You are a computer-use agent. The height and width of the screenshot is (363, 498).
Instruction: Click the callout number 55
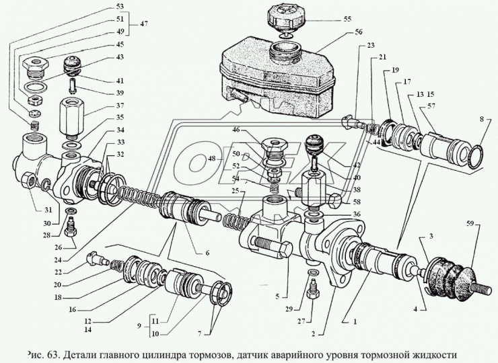tap(348, 19)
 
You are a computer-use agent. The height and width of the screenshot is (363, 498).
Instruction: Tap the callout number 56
tap(359, 32)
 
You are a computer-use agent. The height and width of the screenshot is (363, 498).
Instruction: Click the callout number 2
tap(314, 333)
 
